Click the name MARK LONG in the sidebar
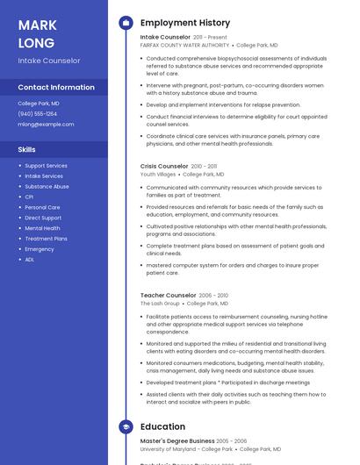37,33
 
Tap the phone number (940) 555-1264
38,113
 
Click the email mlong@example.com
46,124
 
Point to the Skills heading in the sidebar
26,149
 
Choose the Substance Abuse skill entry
47,186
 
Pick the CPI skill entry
29,197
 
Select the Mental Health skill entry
42,228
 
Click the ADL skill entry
30,260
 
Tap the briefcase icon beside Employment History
126,23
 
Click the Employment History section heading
184,23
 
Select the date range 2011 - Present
210,38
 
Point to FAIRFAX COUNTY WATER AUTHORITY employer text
184,45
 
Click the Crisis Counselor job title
164,166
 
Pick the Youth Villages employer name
158,174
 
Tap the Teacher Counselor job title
168,296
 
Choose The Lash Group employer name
159,304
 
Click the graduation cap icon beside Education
126,426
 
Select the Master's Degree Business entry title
176,440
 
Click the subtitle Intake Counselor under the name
49,61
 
